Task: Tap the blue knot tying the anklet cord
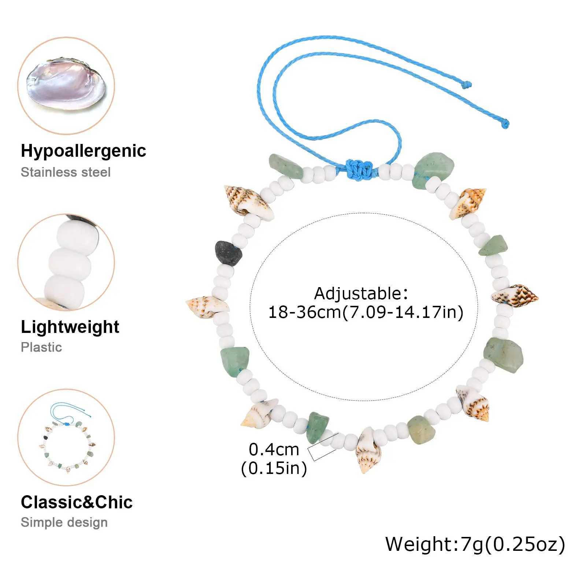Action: [356, 168]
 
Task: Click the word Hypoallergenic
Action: [84, 151]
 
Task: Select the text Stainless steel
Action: [66, 172]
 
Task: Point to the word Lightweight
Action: [70, 327]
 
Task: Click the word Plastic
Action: [41, 347]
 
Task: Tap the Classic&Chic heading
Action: [77, 502]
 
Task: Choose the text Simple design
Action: [64, 522]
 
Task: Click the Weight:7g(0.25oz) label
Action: [475, 544]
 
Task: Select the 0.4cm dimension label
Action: [274, 449]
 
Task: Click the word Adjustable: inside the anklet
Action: [361, 293]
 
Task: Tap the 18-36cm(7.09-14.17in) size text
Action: [366, 312]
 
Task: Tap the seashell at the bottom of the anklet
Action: [368, 449]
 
